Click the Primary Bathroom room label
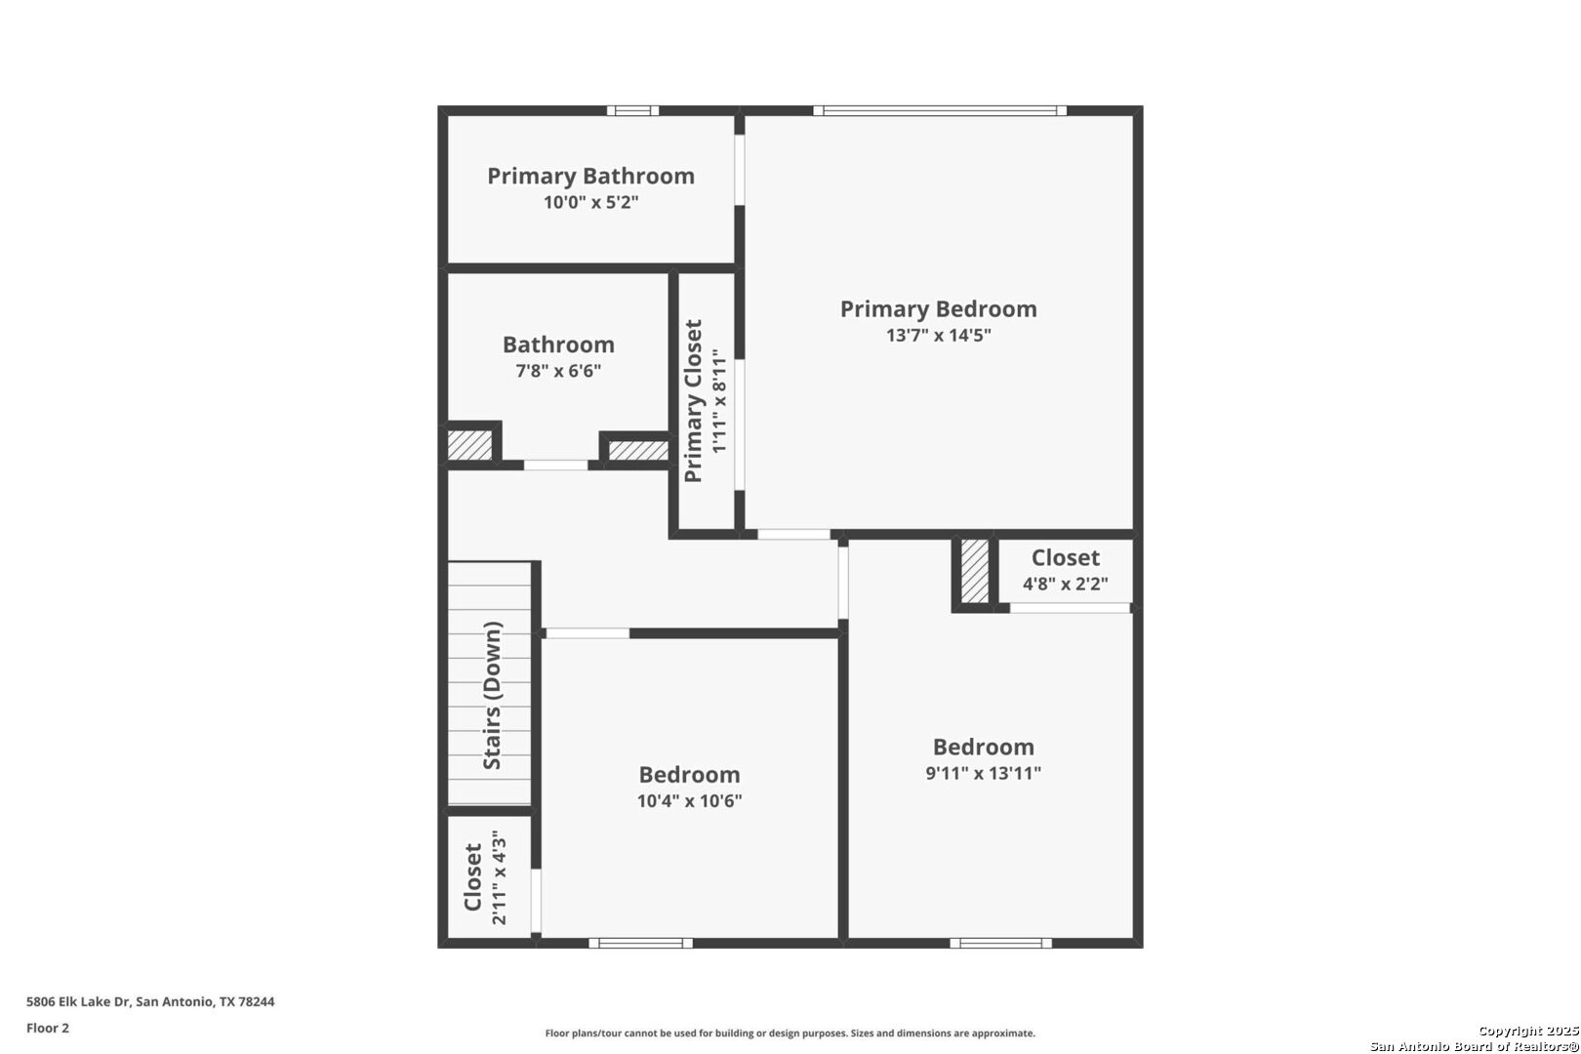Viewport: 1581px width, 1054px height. (x=590, y=176)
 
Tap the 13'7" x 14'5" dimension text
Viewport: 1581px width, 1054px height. (x=938, y=335)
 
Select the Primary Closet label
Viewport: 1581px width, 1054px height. (x=693, y=400)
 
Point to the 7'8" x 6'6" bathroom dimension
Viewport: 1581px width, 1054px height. (x=558, y=371)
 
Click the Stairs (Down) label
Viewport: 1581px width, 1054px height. (x=492, y=696)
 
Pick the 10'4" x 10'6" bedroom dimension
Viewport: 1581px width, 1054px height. (x=689, y=800)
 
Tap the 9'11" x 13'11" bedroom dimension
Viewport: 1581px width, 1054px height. (x=983, y=773)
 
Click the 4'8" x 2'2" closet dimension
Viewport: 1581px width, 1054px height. (x=1065, y=584)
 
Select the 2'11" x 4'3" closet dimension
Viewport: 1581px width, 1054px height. (x=499, y=877)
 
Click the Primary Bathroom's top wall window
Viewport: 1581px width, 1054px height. (x=633, y=111)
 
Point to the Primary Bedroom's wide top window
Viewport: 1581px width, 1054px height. (x=940, y=111)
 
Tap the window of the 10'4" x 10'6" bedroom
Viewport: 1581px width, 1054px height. (x=641, y=943)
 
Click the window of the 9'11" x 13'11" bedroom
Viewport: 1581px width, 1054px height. (x=1001, y=943)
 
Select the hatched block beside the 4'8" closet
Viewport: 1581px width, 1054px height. (x=975, y=571)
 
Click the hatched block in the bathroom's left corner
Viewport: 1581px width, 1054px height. (x=469, y=445)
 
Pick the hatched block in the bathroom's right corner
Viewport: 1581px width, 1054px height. (x=638, y=451)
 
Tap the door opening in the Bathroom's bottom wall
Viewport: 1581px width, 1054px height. (x=555, y=466)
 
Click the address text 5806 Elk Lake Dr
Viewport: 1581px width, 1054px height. (x=78, y=1001)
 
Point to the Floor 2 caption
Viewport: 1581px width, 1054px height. (x=48, y=1028)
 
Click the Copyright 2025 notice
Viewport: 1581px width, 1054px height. (x=1528, y=1031)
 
